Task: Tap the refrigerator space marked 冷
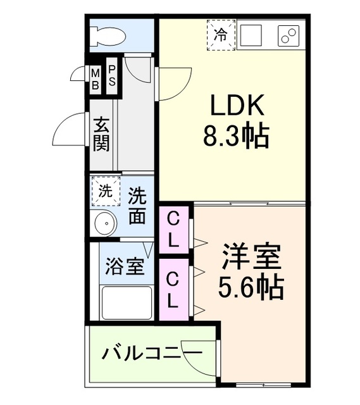coord(221,34)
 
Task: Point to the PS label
coord(111,77)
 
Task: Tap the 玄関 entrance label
coord(101,134)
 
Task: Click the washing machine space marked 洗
coord(106,191)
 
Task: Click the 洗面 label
coord(137,206)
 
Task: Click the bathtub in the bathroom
coord(127,304)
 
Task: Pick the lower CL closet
coord(173,289)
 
